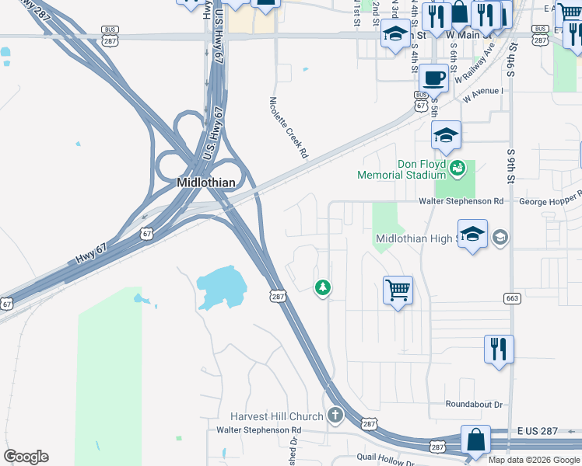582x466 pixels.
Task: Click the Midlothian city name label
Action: (x=205, y=183)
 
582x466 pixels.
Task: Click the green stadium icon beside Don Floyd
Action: (x=458, y=165)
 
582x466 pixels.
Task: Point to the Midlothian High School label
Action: (x=420, y=238)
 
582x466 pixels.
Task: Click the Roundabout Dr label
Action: (x=475, y=405)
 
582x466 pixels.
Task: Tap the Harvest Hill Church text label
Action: (x=277, y=416)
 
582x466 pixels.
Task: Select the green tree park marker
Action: (x=322, y=288)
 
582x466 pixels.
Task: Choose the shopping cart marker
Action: (x=398, y=290)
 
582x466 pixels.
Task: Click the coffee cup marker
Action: (x=433, y=78)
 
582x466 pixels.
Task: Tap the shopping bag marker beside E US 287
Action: (x=474, y=440)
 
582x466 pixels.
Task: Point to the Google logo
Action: (x=26, y=457)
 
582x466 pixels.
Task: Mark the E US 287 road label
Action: (x=536, y=430)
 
